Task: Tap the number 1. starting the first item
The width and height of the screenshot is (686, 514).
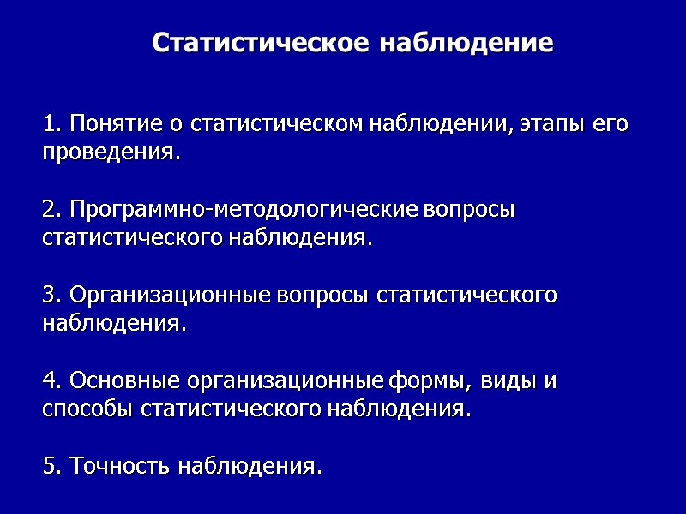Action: coord(52,124)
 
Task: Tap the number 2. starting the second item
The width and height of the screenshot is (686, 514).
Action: coord(52,210)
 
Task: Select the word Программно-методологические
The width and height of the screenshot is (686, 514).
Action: coord(244,210)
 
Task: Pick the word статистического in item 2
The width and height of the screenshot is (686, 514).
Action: coord(133,238)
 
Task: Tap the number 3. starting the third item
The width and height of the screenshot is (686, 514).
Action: coord(52,296)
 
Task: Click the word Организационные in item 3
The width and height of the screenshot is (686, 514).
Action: coord(171,296)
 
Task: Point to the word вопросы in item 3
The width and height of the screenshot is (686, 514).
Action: coord(323,296)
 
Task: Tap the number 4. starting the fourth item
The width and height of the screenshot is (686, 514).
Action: coord(52,380)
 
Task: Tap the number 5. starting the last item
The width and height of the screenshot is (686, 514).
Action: coord(52,467)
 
